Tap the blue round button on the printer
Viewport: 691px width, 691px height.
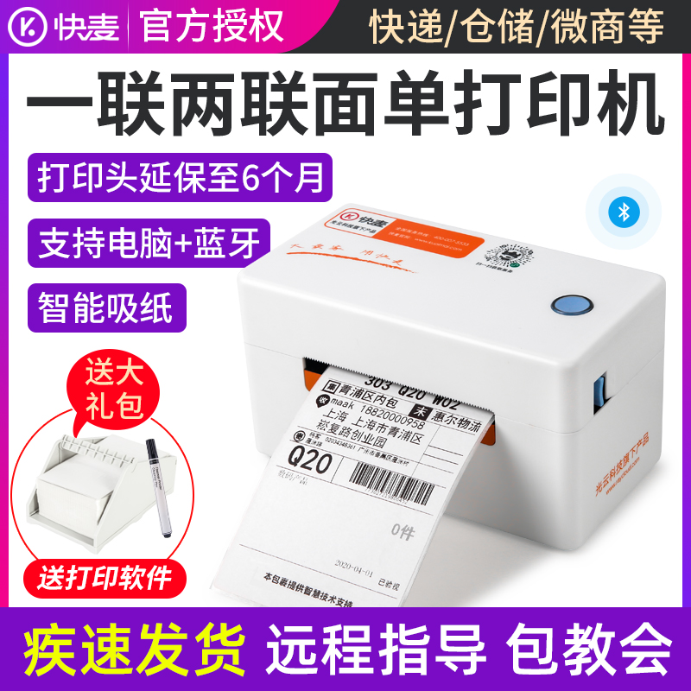point(568,306)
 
